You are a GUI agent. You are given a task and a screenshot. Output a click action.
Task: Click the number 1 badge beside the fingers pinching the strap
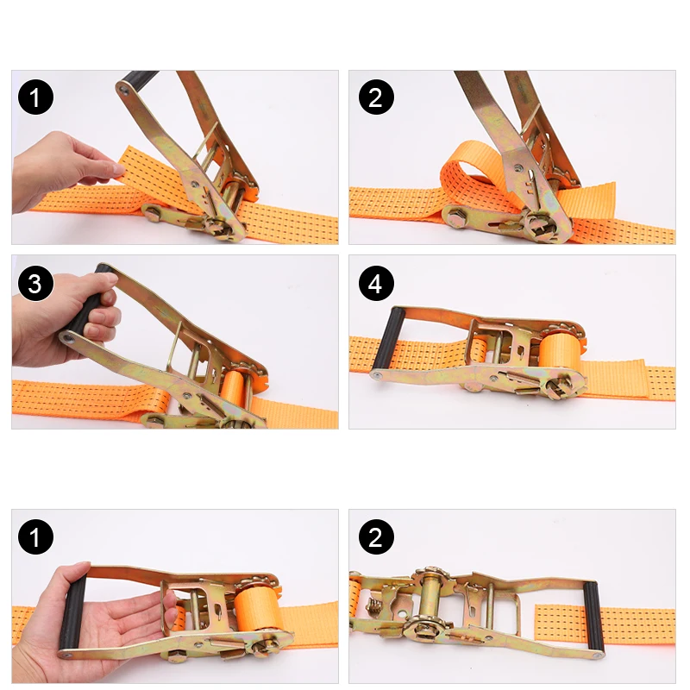click(x=34, y=97)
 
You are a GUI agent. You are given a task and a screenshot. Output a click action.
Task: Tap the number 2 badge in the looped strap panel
click(x=375, y=97)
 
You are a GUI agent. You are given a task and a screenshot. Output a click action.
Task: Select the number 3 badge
click(x=34, y=284)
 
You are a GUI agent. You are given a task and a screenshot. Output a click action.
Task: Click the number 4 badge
click(x=375, y=284)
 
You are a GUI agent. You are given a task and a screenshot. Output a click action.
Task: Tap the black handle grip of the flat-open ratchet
click(x=591, y=607)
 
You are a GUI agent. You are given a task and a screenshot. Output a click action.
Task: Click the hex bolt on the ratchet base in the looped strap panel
click(x=456, y=215)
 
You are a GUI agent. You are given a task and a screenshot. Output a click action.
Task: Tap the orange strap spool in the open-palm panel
click(x=260, y=608)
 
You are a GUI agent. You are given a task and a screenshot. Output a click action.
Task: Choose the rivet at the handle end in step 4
click(x=377, y=375)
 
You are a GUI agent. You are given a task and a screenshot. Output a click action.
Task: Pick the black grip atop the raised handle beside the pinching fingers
click(x=138, y=80)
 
